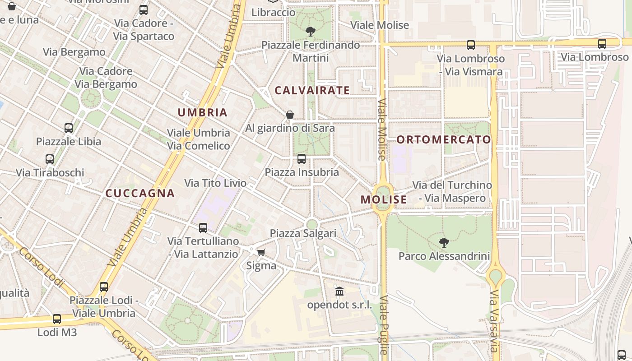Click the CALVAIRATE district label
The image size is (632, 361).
click(x=312, y=90)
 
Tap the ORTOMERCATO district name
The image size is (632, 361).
click(x=443, y=139)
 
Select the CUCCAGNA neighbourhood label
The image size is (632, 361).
click(x=140, y=193)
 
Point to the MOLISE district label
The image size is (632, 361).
click(x=384, y=199)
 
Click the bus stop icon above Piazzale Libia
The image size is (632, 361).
click(x=69, y=128)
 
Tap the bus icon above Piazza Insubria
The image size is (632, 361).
click(x=302, y=159)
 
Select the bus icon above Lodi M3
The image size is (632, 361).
click(x=57, y=319)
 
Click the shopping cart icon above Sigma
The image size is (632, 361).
click(x=261, y=252)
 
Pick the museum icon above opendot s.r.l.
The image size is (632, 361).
click(x=339, y=292)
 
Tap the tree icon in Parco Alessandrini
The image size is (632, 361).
click(x=444, y=243)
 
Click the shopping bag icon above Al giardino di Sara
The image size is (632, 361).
click(x=290, y=115)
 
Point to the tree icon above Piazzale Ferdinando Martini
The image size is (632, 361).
click(x=310, y=32)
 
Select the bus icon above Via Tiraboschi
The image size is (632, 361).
click(x=50, y=159)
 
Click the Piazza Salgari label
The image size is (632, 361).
click(x=303, y=233)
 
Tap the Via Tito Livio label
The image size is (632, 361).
click(x=215, y=183)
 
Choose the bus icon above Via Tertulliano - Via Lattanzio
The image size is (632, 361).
click(x=203, y=228)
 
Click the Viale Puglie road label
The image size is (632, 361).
click(x=384, y=325)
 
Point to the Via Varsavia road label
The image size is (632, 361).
click(x=494, y=321)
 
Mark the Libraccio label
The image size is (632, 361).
click(x=273, y=12)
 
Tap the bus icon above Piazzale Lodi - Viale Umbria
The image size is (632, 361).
click(x=104, y=287)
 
